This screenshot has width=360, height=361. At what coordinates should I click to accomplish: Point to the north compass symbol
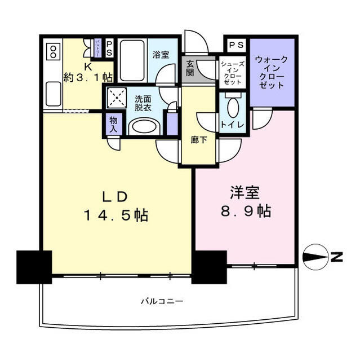[x=316, y=257]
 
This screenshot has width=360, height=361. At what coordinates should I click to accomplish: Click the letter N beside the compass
[x=337, y=257]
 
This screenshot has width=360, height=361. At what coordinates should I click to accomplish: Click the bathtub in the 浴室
[x=134, y=55]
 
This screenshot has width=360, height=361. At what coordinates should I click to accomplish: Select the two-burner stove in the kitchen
[x=53, y=52]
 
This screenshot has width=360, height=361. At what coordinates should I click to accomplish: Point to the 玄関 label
[x=190, y=68]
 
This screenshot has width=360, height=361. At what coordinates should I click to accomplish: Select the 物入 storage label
[x=113, y=125]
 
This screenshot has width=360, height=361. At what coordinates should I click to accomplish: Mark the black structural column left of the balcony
[x=33, y=266]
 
